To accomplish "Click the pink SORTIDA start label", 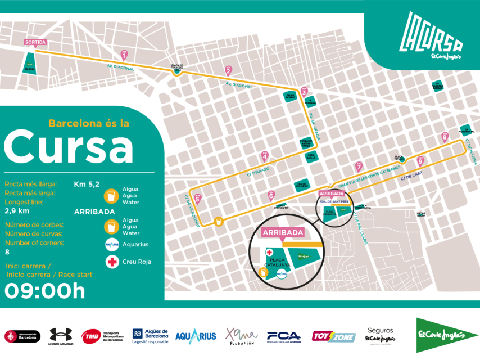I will [x=35, y=42].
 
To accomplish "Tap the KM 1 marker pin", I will [x=124, y=55].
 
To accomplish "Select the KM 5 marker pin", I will [x=197, y=198].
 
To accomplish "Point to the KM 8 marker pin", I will [x=445, y=137].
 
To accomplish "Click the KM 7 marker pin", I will [x=359, y=166].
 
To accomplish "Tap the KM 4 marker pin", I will [x=265, y=156].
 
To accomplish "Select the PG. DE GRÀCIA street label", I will [x=313, y=127].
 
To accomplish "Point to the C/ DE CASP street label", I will [x=411, y=177].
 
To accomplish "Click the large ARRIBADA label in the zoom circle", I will [x=283, y=232].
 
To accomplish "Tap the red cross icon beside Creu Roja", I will [x=112, y=261].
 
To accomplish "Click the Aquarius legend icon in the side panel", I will [x=112, y=245].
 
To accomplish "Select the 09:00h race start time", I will [x=45, y=291].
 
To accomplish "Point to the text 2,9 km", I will [x=17, y=211].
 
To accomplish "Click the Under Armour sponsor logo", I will [x=61, y=336].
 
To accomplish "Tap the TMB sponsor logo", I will [x=102, y=336].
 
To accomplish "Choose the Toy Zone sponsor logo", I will [x=334, y=336].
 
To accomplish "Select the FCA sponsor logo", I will [x=284, y=336].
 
